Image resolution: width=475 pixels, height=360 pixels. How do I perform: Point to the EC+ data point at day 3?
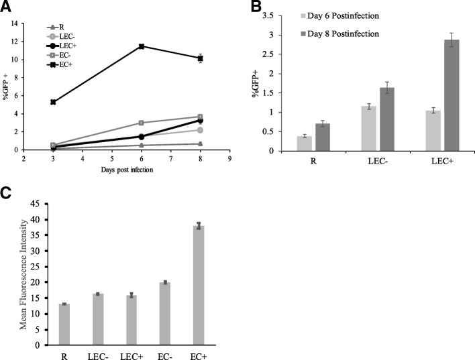point(53,102)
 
